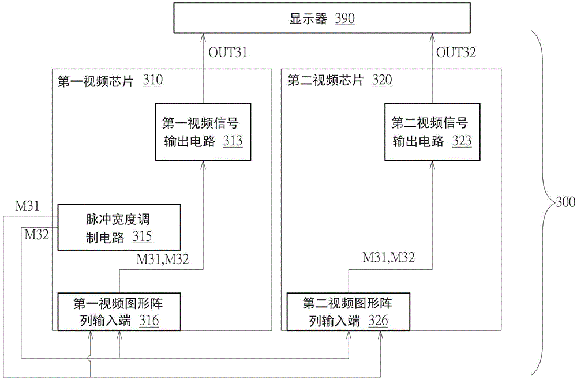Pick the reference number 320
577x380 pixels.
pyautogui.click(x=382, y=81)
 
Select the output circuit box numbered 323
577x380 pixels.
pyautogui.click(x=432, y=132)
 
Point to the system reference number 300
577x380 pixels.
pyautogui.click(x=565, y=202)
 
